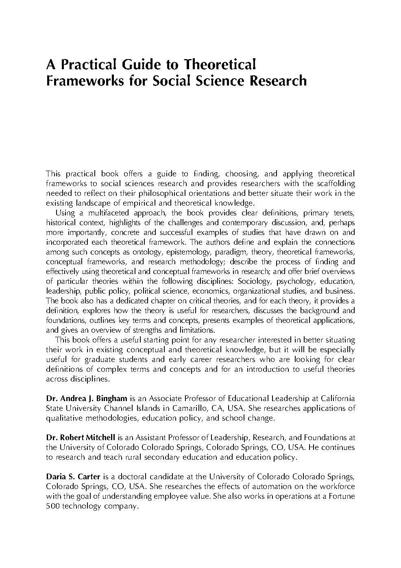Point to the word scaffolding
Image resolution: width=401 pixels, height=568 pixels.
[335, 184]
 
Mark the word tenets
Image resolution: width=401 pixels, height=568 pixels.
[344, 213]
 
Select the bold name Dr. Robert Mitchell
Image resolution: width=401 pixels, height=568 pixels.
[81, 438]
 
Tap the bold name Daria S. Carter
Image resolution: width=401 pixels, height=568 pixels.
[73, 477]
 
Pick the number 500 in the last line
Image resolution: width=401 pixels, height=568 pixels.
[53, 506]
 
